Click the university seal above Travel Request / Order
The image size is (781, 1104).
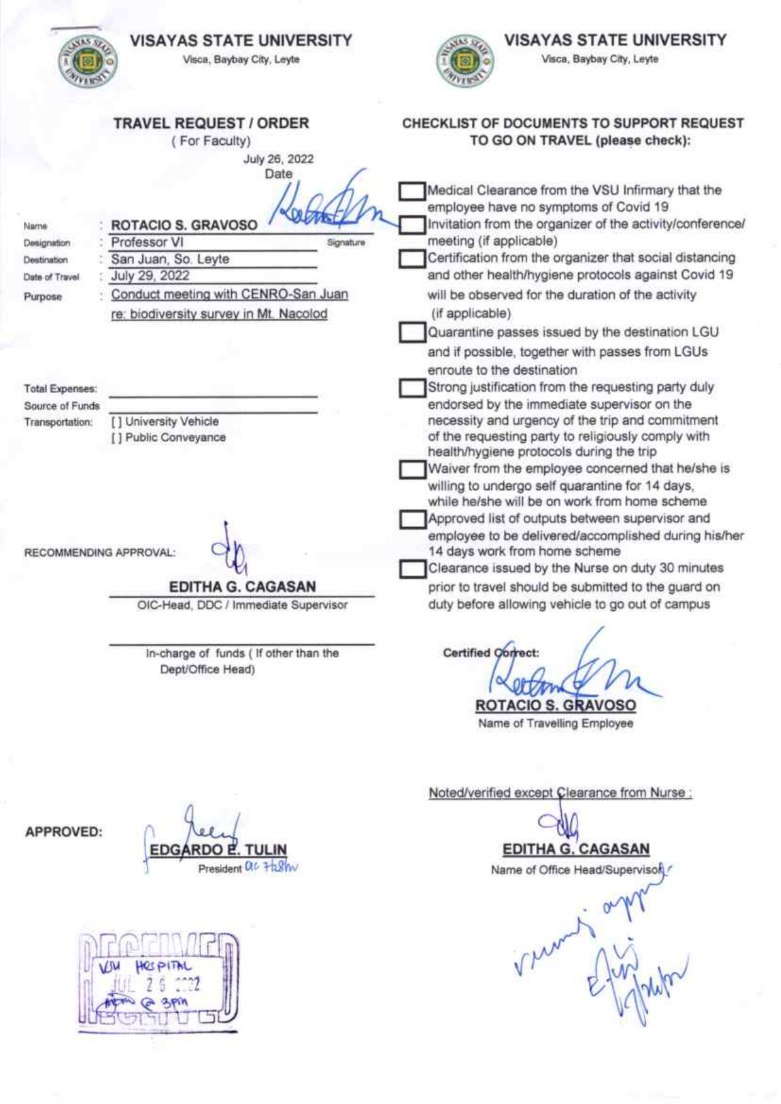point(88,61)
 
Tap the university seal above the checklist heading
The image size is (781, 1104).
point(465,61)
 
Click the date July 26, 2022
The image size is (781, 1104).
point(278,159)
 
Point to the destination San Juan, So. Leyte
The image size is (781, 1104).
point(170,259)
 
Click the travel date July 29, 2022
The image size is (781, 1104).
point(150,276)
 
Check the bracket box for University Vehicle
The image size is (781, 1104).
point(117,422)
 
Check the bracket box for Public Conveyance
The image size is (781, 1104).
point(117,438)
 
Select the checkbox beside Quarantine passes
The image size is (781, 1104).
point(412,333)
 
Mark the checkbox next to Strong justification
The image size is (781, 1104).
point(412,388)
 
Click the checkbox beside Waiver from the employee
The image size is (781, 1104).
point(412,469)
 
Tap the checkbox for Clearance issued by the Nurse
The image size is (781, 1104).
point(412,569)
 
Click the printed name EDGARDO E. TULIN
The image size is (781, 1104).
point(218,850)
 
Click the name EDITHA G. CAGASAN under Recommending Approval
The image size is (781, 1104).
point(242,586)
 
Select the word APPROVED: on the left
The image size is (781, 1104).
point(64,832)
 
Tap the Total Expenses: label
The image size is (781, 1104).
point(60,389)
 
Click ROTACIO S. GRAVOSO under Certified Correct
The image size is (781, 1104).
point(556,705)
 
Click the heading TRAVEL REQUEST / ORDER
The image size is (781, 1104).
point(211,123)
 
